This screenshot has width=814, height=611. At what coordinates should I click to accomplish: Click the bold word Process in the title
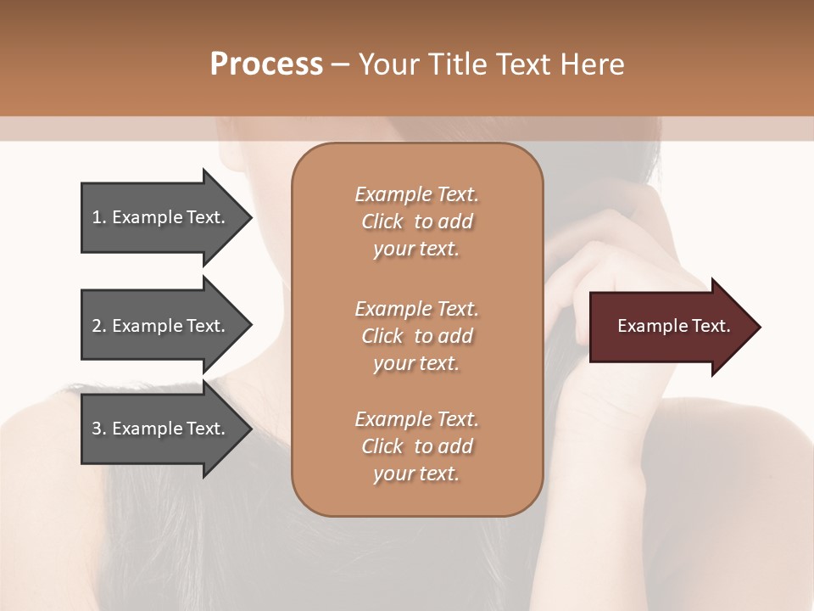tap(266, 64)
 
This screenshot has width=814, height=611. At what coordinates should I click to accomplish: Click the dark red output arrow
tap(670, 327)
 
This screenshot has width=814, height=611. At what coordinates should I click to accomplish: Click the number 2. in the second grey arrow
tap(99, 326)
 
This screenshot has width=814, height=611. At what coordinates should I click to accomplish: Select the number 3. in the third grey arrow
tap(99, 429)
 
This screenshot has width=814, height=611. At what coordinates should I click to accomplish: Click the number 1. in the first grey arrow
tap(99, 217)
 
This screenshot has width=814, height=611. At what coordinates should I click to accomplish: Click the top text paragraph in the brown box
tap(416, 221)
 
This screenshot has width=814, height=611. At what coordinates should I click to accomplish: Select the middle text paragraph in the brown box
tap(416, 336)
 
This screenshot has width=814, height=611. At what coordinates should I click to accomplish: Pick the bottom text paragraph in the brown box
tap(416, 446)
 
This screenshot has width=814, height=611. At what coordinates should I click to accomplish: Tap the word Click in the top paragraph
tap(382, 221)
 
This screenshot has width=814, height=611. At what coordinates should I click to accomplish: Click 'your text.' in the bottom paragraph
tap(416, 474)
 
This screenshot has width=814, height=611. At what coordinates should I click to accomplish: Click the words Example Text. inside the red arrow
tap(673, 326)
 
